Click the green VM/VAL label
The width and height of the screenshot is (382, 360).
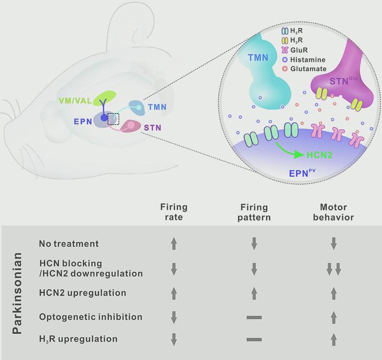coord(75,101)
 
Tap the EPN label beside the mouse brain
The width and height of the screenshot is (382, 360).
coord(83,121)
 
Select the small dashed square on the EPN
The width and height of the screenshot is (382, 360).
coord(113,119)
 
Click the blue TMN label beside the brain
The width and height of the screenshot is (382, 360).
coord(157,107)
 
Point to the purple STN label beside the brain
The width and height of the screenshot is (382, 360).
coord(153,127)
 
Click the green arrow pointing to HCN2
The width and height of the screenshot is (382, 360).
coord(290,151)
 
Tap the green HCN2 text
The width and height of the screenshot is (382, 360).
coord(319,155)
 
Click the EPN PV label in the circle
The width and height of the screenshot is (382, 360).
coord(302,173)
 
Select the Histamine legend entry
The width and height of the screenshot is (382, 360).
coord(304,60)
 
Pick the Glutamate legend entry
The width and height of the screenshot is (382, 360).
coord(304,69)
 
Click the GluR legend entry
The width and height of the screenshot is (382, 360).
coord(295,50)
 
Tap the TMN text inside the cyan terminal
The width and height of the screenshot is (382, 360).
coord(258,57)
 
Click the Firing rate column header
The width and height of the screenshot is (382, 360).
coord(174,212)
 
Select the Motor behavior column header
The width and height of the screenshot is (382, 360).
coord(334,212)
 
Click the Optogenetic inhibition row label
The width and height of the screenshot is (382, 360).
coord(91,317)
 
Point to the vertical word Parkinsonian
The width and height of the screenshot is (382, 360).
coord(17,293)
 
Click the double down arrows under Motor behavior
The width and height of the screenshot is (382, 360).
coord(334,269)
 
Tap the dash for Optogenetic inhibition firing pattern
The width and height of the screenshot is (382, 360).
coord(254,317)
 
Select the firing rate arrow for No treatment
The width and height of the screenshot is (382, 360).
coord(174,244)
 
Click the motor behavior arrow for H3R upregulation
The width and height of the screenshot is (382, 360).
coord(334,340)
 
